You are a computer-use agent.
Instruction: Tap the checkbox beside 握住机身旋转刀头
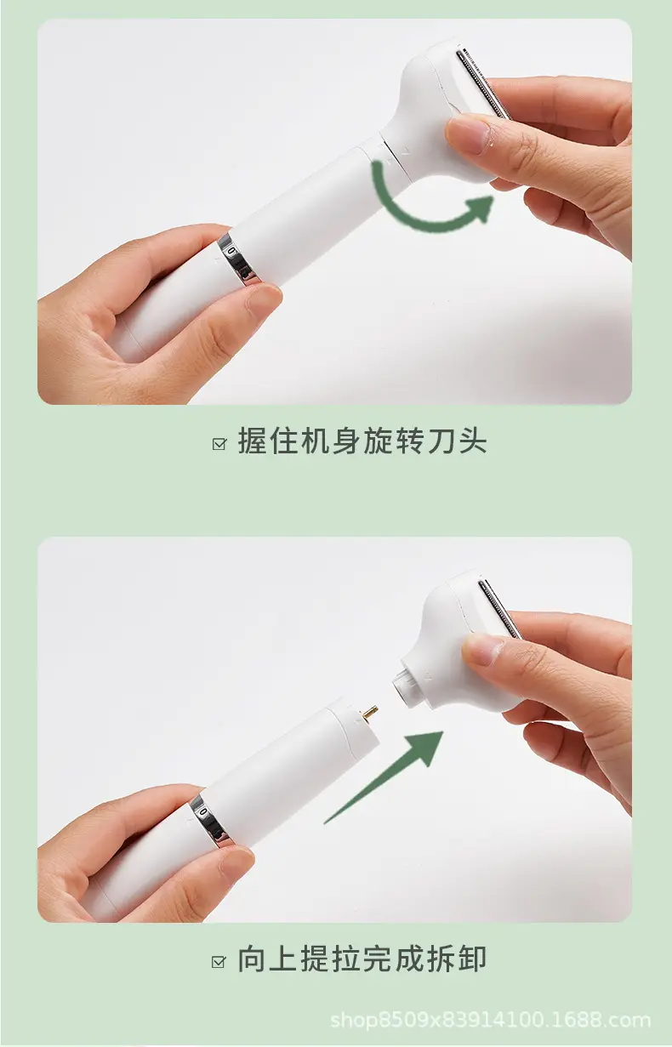[x=219, y=444]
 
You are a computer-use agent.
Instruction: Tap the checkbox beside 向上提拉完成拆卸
[x=219, y=962]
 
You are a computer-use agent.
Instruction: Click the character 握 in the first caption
[x=253, y=441]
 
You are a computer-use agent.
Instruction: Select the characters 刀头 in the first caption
[x=457, y=441]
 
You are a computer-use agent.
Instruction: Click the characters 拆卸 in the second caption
[x=457, y=959]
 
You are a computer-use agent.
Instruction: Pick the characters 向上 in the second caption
[x=268, y=959]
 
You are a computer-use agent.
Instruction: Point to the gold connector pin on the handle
[x=371, y=714]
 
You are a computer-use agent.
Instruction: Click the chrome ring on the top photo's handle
[x=239, y=259]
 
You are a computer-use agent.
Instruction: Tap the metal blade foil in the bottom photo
[x=500, y=607]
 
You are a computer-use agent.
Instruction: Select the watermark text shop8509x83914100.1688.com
[x=491, y=1021]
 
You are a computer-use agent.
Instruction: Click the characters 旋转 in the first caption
[x=394, y=441]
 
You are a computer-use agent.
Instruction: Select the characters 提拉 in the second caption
[x=331, y=959]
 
